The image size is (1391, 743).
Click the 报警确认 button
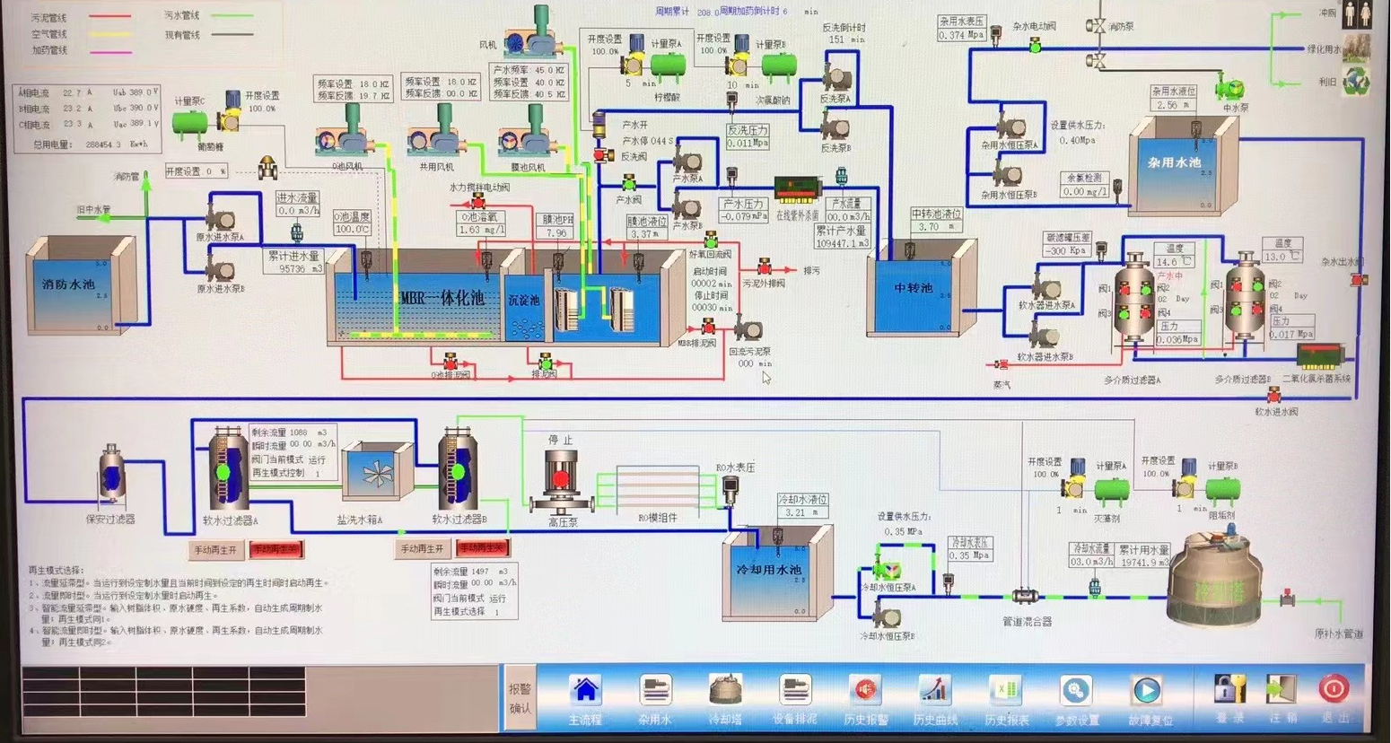click(x=520, y=698)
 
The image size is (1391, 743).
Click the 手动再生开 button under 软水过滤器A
click(x=215, y=549)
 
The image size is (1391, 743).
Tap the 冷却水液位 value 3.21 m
click(x=796, y=513)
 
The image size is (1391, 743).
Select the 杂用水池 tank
click(x=1175, y=164)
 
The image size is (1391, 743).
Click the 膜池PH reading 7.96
click(x=556, y=233)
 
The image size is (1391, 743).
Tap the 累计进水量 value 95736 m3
click(x=301, y=269)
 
